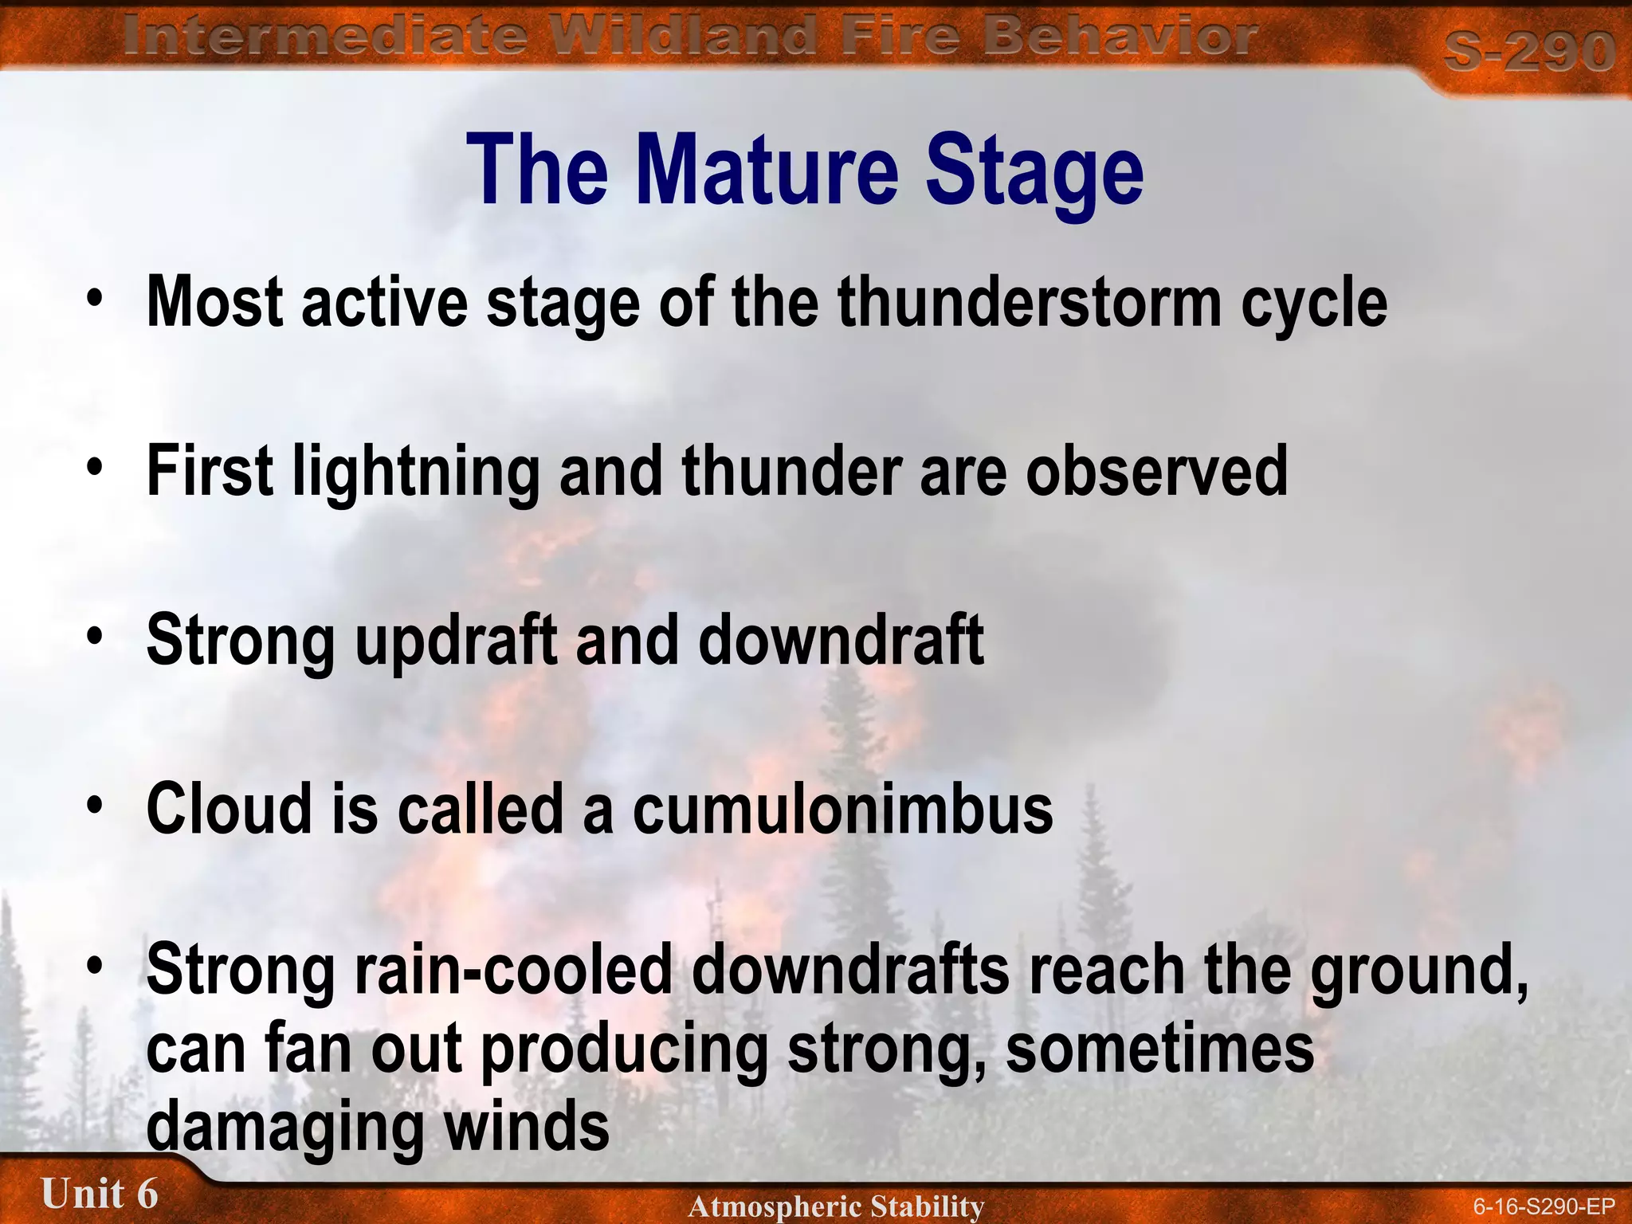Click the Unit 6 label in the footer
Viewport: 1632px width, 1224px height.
pos(100,1194)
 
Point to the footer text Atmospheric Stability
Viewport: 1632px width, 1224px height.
pos(836,1206)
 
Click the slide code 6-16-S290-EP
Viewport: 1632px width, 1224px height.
pos(1543,1206)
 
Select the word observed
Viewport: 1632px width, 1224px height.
pos(1156,472)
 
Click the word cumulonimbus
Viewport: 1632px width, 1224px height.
pos(842,810)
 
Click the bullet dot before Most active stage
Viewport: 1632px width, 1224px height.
pos(96,299)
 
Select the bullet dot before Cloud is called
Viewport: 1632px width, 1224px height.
pos(96,805)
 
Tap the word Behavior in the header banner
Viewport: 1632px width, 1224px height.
pos(1119,37)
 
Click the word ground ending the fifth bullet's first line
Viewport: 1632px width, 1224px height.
pos(1414,972)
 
